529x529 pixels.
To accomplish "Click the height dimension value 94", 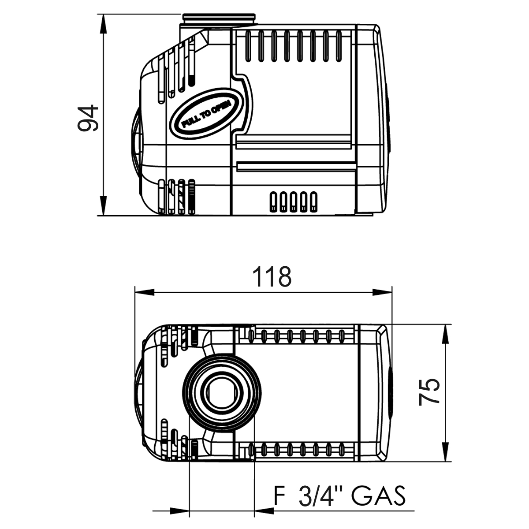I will tap(87, 118).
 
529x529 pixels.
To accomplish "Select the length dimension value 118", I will tap(272, 277).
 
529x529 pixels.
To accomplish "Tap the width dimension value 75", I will tap(429, 391).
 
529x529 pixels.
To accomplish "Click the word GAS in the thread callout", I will tap(378, 496).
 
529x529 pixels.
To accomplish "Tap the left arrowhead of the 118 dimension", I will tap(144, 292).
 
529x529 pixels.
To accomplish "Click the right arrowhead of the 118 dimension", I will tap(383, 292).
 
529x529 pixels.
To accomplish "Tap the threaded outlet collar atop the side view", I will tap(218, 19).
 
